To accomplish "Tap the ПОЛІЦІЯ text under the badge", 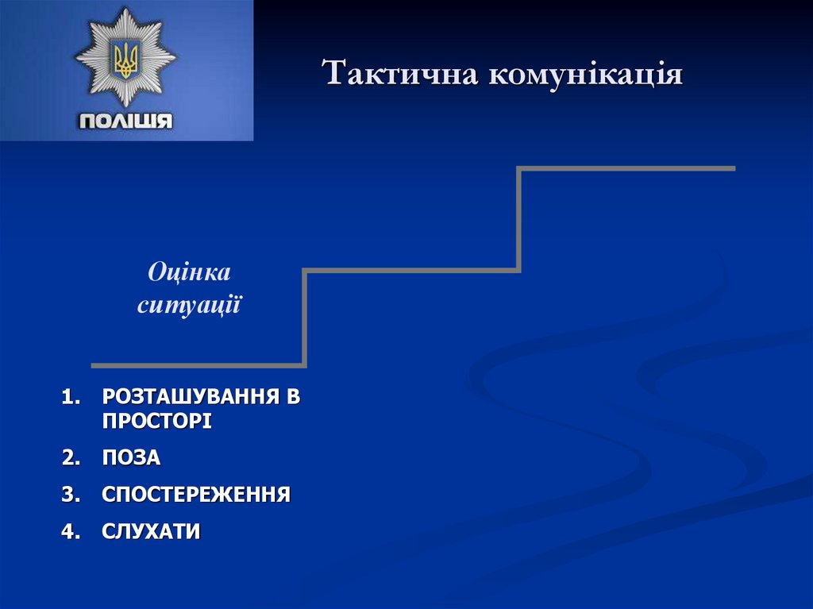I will click(125, 121).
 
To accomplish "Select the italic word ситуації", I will click(189, 304).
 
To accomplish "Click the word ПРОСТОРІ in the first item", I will click(156, 421).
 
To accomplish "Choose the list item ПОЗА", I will click(131, 457).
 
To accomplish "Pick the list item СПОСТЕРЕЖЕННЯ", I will click(196, 495).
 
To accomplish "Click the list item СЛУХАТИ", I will click(151, 531).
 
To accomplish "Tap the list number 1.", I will click(71, 395).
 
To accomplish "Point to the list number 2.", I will click(71, 457).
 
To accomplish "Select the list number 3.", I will click(71, 495).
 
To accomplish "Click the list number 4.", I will click(71, 531).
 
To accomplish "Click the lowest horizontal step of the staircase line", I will click(198, 365).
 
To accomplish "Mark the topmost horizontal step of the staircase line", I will click(627, 168).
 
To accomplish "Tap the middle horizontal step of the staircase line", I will click(413, 272).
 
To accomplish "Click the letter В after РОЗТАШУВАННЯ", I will click(295, 395).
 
